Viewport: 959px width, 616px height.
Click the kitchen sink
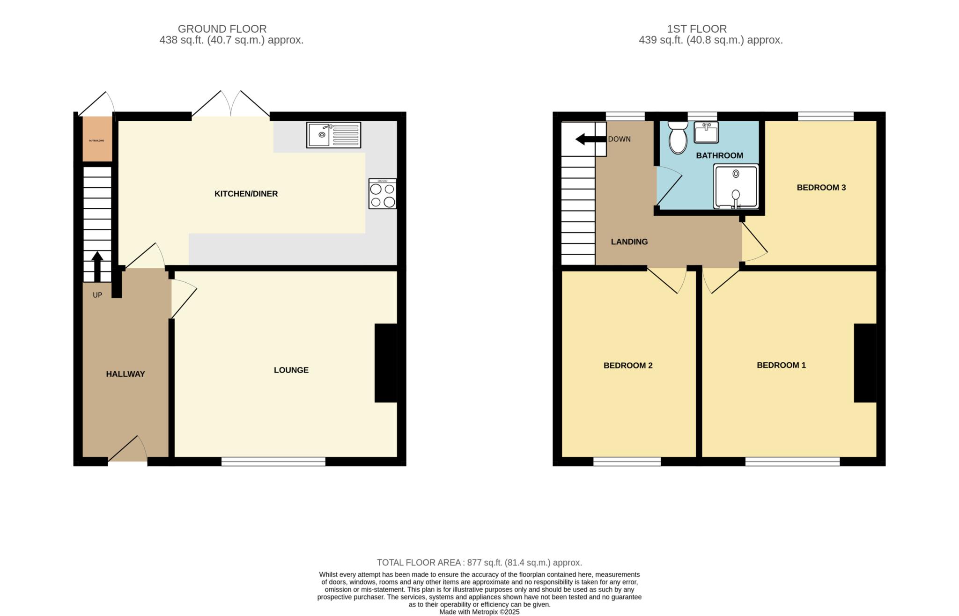(x=333, y=135)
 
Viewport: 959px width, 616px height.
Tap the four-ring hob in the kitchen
(x=382, y=194)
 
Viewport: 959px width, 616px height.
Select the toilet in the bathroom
(x=678, y=138)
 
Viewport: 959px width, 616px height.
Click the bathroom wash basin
(x=706, y=132)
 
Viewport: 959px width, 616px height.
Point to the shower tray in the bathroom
(x=735, y=186)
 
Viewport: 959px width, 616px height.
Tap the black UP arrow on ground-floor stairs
(x=97, y=266)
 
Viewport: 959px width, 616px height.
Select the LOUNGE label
(x=291, y=370)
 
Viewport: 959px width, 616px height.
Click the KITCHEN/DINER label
(x=246, y=194)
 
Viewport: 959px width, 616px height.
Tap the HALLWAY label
(x=125, y=374)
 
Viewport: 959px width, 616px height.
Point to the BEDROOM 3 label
(x=821, y=188)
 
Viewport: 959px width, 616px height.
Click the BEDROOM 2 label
(x=627, y=366)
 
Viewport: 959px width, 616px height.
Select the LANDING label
(x=629, y=242)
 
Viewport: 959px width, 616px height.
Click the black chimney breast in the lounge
(x=386, y=363)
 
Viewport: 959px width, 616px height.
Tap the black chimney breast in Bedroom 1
(x=865, y=363)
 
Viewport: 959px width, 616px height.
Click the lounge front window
(x=273, y=462)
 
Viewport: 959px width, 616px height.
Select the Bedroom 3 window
(x=826, y=116)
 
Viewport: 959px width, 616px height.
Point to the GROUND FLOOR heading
(x=222, y=29)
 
